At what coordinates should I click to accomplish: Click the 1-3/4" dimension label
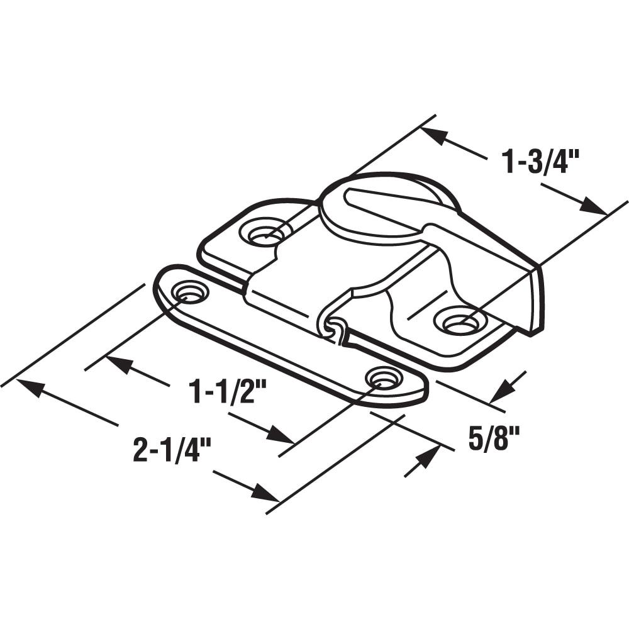click(540, 162)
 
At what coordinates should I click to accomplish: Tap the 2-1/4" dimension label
click(171, 451)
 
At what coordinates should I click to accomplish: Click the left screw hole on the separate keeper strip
click(189, 291)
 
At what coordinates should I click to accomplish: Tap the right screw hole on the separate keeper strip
click(383, 379)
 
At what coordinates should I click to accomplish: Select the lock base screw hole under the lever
click(459, 323)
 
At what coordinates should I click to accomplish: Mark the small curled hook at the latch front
click(335, 329)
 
